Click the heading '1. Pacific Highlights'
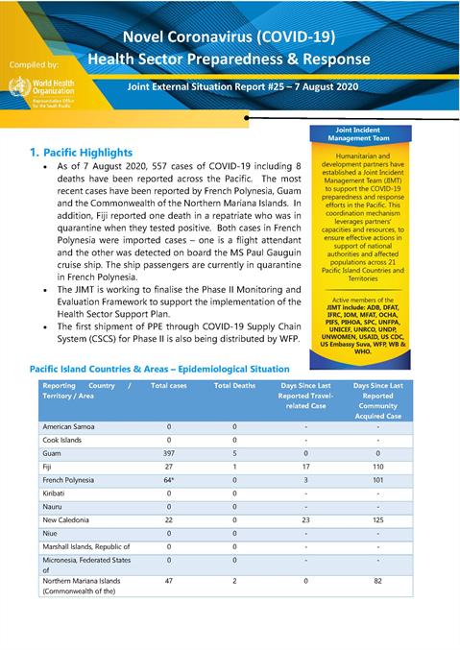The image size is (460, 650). click(81, 152)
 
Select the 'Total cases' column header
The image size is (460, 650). click(169, 385)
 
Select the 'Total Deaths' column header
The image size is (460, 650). click(234, 385)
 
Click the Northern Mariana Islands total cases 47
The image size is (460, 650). click(169, 581)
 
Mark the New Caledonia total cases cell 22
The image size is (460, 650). click(169, 519)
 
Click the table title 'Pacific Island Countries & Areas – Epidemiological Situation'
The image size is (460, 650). click(158, 368)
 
